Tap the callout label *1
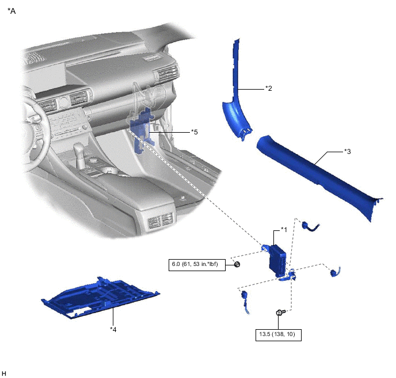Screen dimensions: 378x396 point(283,229)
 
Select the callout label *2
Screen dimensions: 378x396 point(268,88)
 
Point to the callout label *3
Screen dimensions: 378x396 point(347,152)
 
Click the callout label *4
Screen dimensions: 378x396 point(114,329)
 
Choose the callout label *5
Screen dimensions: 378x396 point(195,132)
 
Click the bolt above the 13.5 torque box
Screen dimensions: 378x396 point(279,313)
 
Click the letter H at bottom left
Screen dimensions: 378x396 point(5,373)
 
